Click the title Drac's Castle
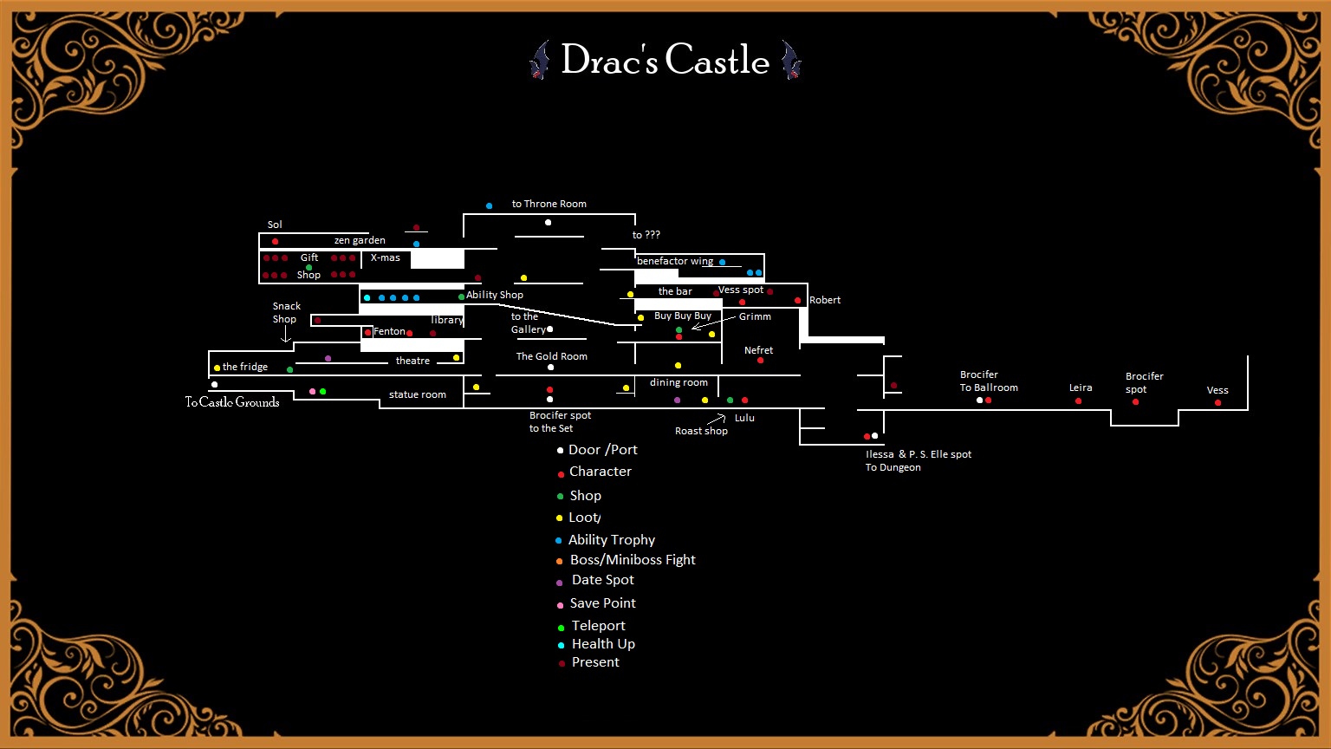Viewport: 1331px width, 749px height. tap(665, 60)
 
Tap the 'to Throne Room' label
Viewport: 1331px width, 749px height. tap(549, 204)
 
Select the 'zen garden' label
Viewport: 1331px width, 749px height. tap(360, 240)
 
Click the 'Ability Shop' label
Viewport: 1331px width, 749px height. tap(494, 295)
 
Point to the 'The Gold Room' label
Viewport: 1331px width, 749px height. tap(551, 356)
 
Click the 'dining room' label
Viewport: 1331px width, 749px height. tap(678, 382)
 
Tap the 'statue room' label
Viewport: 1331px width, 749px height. tap(417, 394)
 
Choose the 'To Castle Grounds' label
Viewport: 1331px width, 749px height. tap(232, 402)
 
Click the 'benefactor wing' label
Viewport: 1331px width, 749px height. tap(674, 261)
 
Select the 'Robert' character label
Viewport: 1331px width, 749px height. tap(824, 300)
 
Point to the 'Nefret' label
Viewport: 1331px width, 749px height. tap(758, 350)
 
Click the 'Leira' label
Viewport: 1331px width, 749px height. tap(1080, 388)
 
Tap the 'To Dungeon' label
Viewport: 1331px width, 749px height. tap(893, 467)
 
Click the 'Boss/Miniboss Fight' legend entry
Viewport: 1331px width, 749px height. tap(632, 560)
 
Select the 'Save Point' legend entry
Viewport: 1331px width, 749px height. tap(602, 603)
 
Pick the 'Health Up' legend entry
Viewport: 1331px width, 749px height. tap(602, 644)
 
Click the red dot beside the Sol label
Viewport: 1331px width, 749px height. tap(275, 241)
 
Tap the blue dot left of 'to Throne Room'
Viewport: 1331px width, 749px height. tap(489, 205)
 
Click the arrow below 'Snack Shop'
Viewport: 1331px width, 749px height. tap(285, 335)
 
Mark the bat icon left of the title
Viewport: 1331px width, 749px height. tap(540, 60)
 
